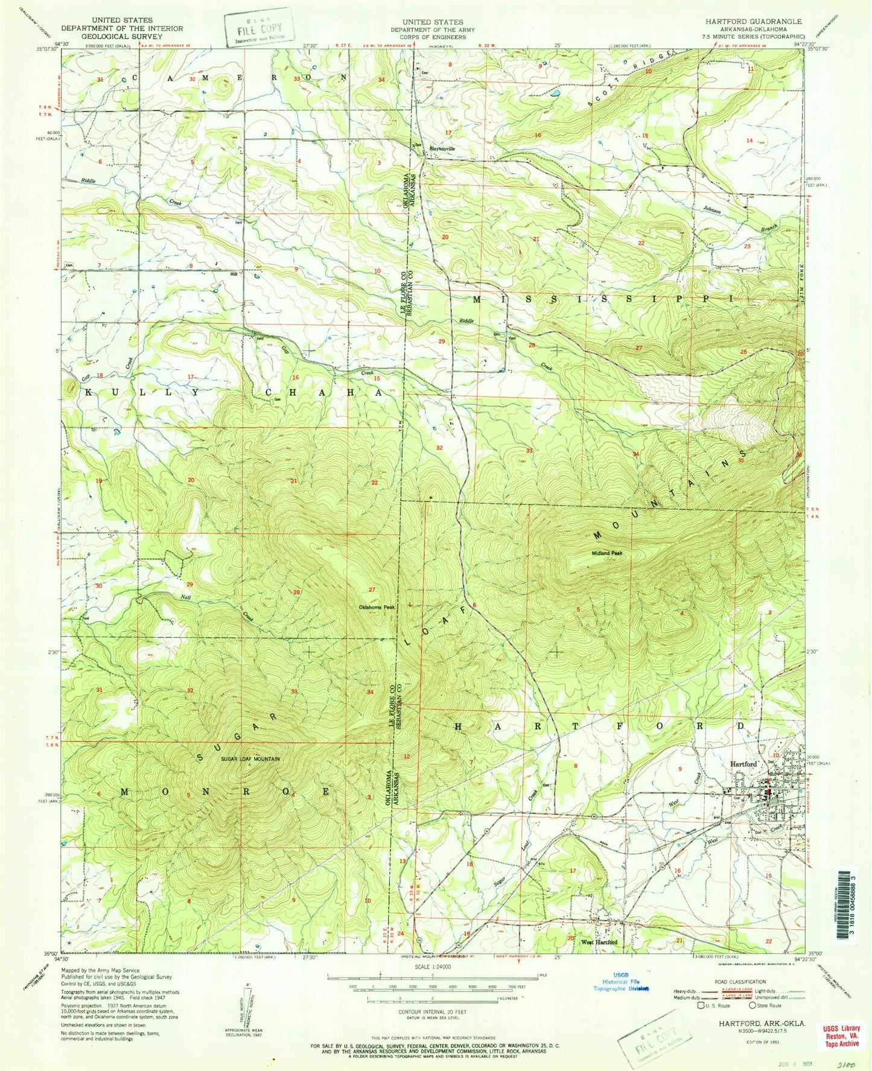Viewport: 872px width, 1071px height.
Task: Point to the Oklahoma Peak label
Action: pyautogui.click(x=377, y=607)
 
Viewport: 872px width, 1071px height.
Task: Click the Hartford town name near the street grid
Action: pyautogui.click(x=743, y=764)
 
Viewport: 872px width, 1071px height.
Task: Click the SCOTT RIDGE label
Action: pyautogui.click(x=631, y=80)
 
